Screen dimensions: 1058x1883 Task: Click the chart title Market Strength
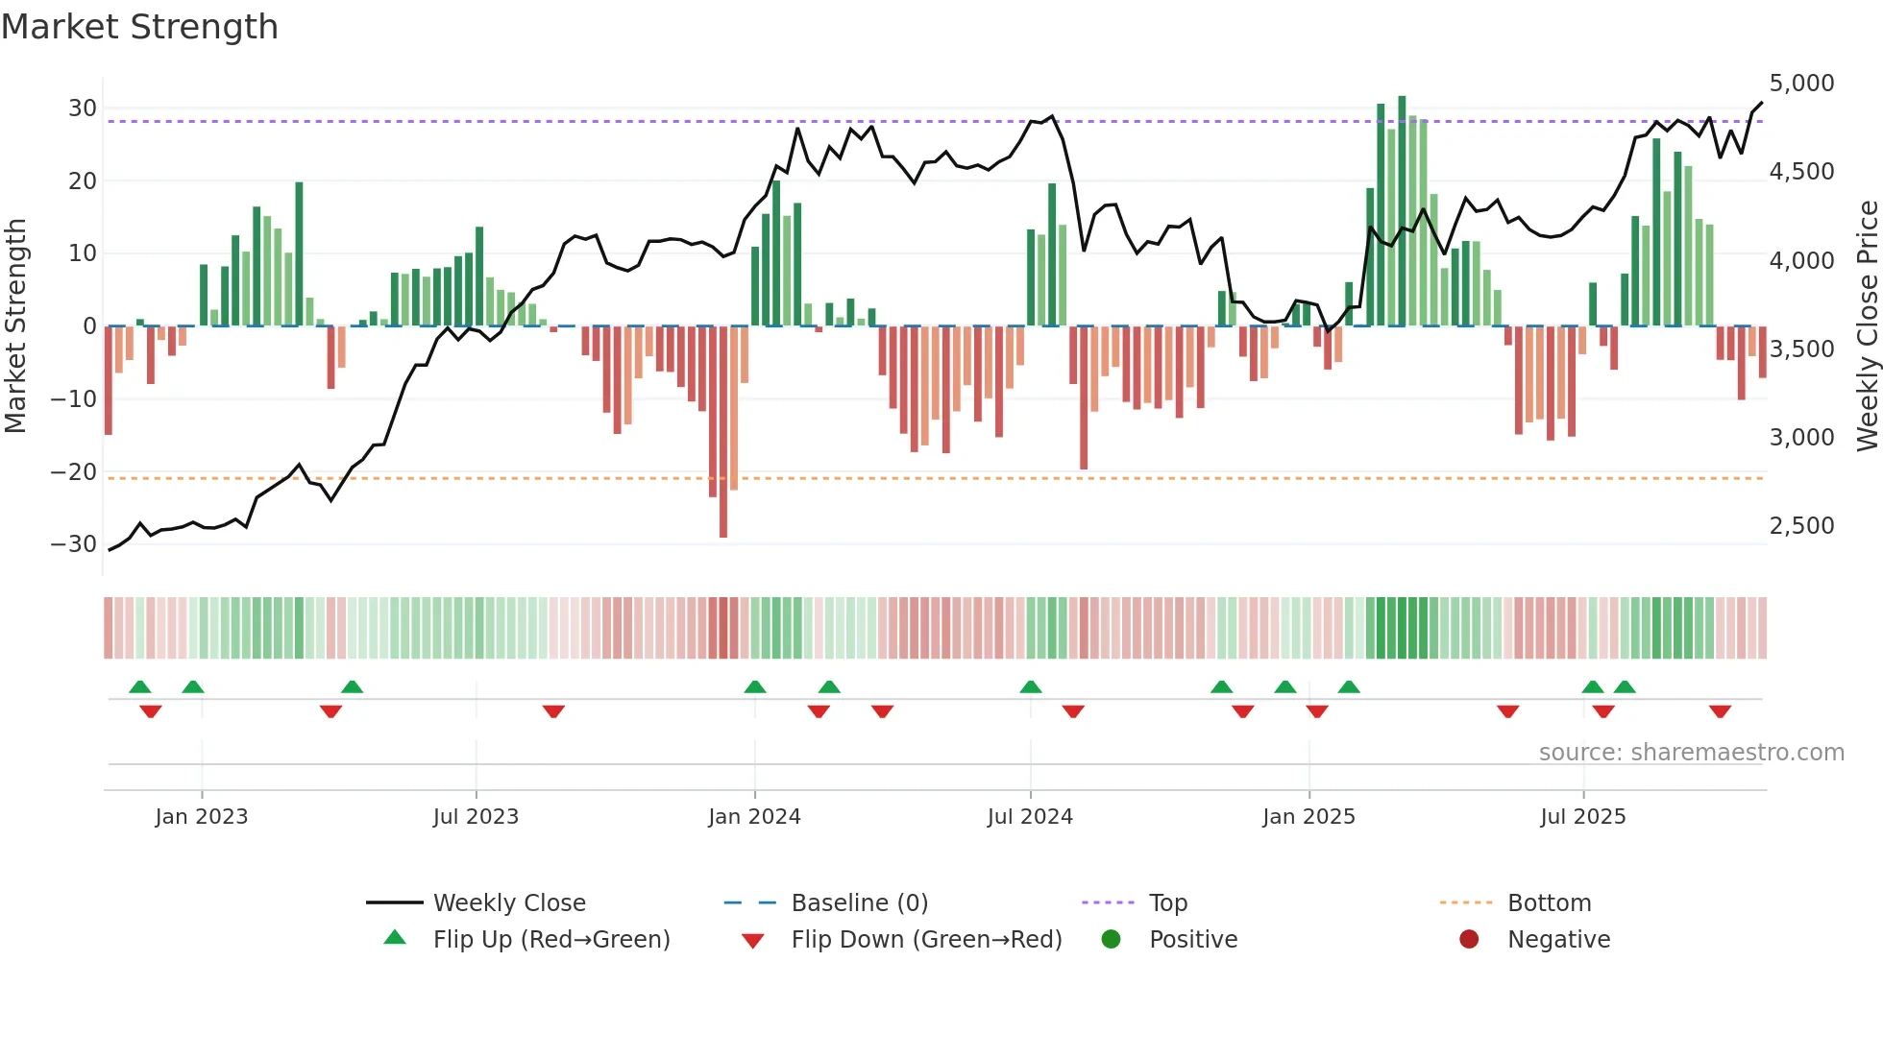[139, 27]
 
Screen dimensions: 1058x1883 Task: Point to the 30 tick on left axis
[83, 108]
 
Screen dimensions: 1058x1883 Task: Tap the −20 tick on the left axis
[74, 471]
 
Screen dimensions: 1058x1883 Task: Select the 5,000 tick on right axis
[1801, 84]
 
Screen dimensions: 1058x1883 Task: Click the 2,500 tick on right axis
[1801, 526]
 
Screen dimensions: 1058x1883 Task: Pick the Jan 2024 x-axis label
[754, 817]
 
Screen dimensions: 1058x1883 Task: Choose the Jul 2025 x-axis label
[1582, 817]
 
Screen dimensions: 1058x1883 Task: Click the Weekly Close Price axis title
[1867, 326]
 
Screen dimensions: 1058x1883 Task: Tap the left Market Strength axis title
[15, 326]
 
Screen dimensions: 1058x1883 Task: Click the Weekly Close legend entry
[509, 903]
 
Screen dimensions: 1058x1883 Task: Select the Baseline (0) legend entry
[859, 903]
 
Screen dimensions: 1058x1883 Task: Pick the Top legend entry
[1168, 903]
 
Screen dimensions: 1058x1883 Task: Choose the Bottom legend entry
[1549, 903]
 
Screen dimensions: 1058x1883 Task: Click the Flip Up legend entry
[550, 940]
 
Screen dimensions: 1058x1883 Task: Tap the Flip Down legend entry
[926, 940]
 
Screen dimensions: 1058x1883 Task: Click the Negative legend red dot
[1469, 940]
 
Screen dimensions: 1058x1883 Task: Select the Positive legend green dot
[1112, 940]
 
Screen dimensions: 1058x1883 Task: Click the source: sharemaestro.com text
[1691, 753]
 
